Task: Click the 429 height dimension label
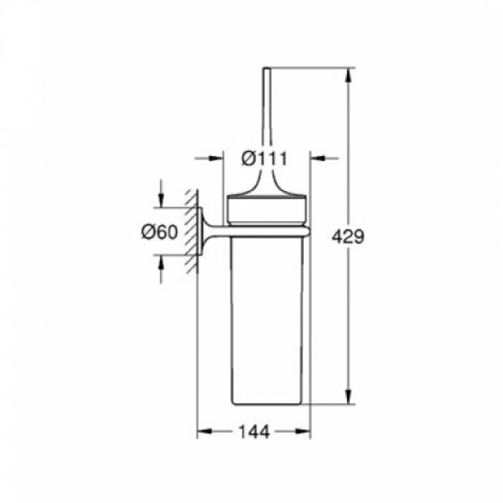[348, 237]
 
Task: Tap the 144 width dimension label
[254, 432]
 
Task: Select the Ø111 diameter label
[264, 159]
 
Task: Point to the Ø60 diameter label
[160, 231]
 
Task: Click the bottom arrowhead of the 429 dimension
[349, 397]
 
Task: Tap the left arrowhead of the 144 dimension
[204, 431]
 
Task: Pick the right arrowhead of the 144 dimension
[303, 431]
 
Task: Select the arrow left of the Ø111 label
[209, 158]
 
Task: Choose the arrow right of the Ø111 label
[324, 158]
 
